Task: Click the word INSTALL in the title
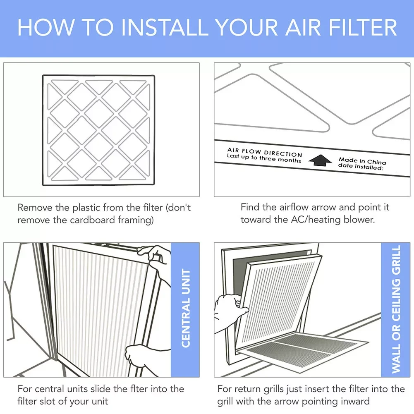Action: pyautogui.click(x=165, y=27)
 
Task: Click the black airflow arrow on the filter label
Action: pyautogui.click(x=320, y=160)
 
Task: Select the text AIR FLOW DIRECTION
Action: pyautogui.click(x=265, y=152)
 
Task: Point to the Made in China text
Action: pyautogui.click(x=362, y=160)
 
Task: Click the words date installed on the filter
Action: pyautogui.click(x=360, y=166)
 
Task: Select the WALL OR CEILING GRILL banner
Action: pyautogui.click(x=396, y=309)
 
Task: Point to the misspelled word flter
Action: pyautogui.click(x=139, y=389)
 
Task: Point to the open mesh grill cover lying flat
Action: pyautogui.click(x=304, y=350)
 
